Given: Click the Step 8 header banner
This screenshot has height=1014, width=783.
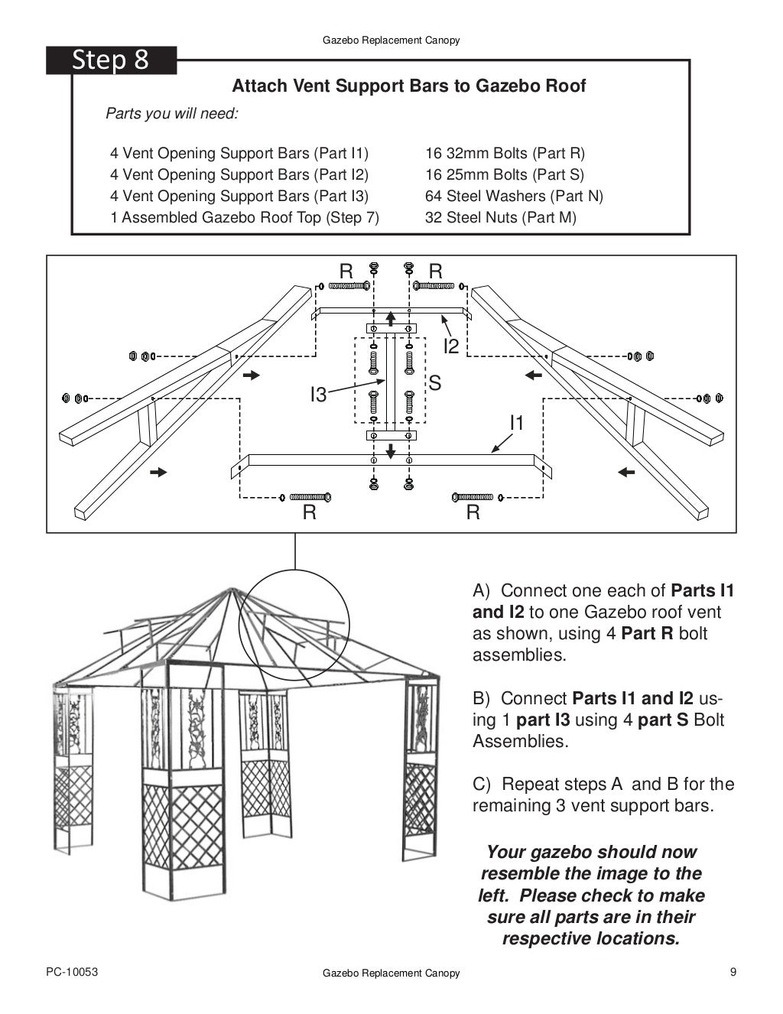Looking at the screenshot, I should [111, 60].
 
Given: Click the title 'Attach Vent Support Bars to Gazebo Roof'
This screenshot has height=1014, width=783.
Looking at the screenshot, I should [408, 86].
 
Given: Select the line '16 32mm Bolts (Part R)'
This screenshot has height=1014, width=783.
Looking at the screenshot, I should [505, 153].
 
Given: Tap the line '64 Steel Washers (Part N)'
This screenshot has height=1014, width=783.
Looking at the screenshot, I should [514, 196].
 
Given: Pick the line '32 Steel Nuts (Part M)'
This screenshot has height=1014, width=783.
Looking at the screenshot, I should [500, 217].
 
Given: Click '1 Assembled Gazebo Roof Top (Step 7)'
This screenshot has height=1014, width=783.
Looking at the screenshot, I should [245, 217].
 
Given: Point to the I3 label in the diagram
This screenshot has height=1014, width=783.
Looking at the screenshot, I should [318, 395].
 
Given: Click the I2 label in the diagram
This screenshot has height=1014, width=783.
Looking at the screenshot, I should [451, 346].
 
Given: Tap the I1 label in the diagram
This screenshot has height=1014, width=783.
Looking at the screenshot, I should [517, 422].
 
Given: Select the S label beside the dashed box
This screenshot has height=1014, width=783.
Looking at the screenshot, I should [434, 383].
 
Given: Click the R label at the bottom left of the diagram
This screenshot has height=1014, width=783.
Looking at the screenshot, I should [309, 512].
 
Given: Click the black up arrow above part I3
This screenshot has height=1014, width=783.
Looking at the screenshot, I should [391, 317].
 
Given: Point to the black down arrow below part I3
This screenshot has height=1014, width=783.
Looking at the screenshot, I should [391, 451].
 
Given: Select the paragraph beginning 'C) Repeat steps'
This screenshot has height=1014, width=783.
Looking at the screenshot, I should [603, 795].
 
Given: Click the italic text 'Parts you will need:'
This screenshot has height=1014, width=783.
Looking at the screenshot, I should [172, 114].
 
